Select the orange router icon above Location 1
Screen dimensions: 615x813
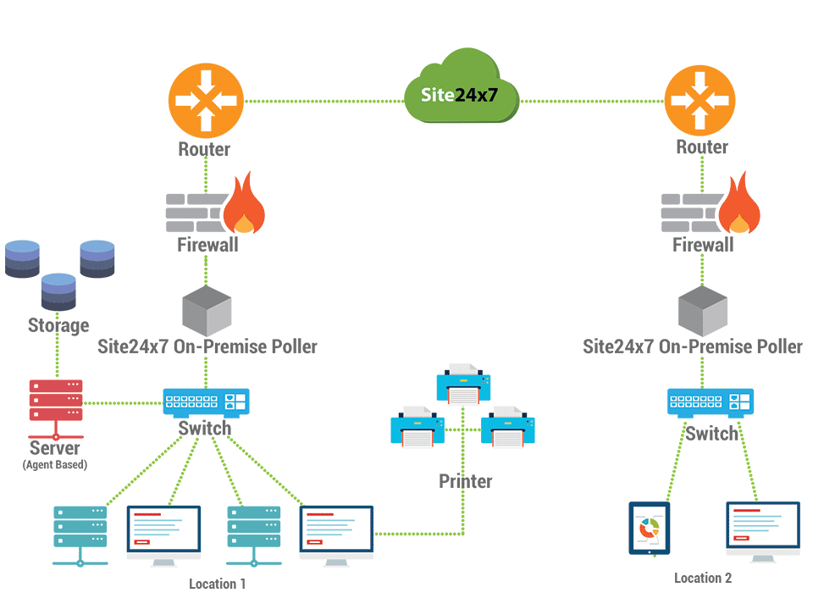pos(205,101)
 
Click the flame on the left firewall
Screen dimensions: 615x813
pos(243,208)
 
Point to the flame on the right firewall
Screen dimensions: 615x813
pos(739,208)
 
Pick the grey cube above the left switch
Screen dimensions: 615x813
pos(207,310)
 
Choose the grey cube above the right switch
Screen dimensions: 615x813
pos(703,310)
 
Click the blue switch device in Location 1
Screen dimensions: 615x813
pos(207,402)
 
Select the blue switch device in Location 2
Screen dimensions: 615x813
pos(710,402)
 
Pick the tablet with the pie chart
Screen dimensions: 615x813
pos(649,528)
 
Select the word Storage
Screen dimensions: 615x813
pos(58,325)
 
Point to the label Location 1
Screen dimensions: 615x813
pos(218,584)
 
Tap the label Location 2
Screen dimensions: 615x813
pos(702,578)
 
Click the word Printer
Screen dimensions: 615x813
pos(465,481)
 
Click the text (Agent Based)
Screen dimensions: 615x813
pos(54,464)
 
